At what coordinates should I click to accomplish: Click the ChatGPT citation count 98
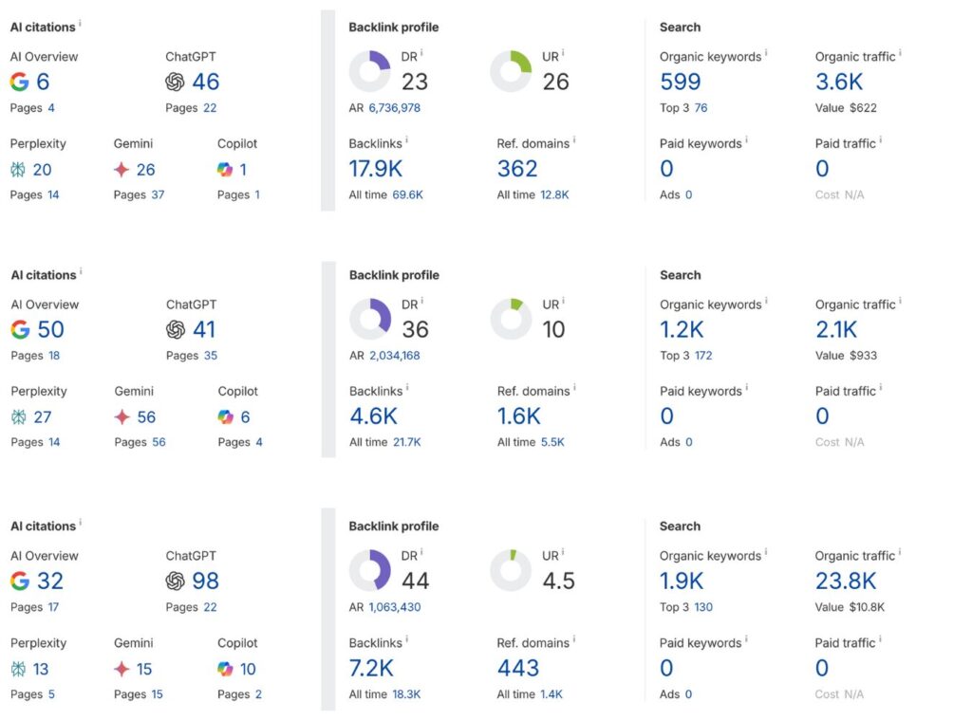click(x=205, y=581)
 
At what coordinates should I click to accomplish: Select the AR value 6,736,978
click(x=394, y=108)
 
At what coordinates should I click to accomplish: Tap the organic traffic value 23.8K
click(x=846, y=581)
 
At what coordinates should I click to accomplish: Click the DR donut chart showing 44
click(x=370, y=570)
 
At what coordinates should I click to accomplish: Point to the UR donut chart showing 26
click(x=511, y=71)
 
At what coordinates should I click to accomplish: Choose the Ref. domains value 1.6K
click(x=519, y=415)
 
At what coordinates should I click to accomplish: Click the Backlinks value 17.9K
click(x=375, y=169)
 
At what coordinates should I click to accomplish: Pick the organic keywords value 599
click(x=680, y=82)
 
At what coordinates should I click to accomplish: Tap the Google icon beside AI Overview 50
click(x=20, y=329)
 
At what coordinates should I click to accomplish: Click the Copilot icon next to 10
click(x=225, y=669)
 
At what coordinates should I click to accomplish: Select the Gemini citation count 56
click(x=146, y=416)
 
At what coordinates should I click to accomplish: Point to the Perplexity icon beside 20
click(x=19, y=170)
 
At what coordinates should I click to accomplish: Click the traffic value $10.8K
click(x=862, y=607)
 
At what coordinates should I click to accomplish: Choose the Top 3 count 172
click(x=703, y=356)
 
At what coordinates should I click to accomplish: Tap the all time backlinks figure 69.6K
click(x=407, y=194)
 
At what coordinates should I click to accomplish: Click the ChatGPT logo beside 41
click(x=175, y=329)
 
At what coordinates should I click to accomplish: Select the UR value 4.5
click(x=559, y=581)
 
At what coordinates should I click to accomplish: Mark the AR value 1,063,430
click(x=394, y=607)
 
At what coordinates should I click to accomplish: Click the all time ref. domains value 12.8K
click(x=553, y=194)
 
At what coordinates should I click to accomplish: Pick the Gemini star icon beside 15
click(x=121, y=669)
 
